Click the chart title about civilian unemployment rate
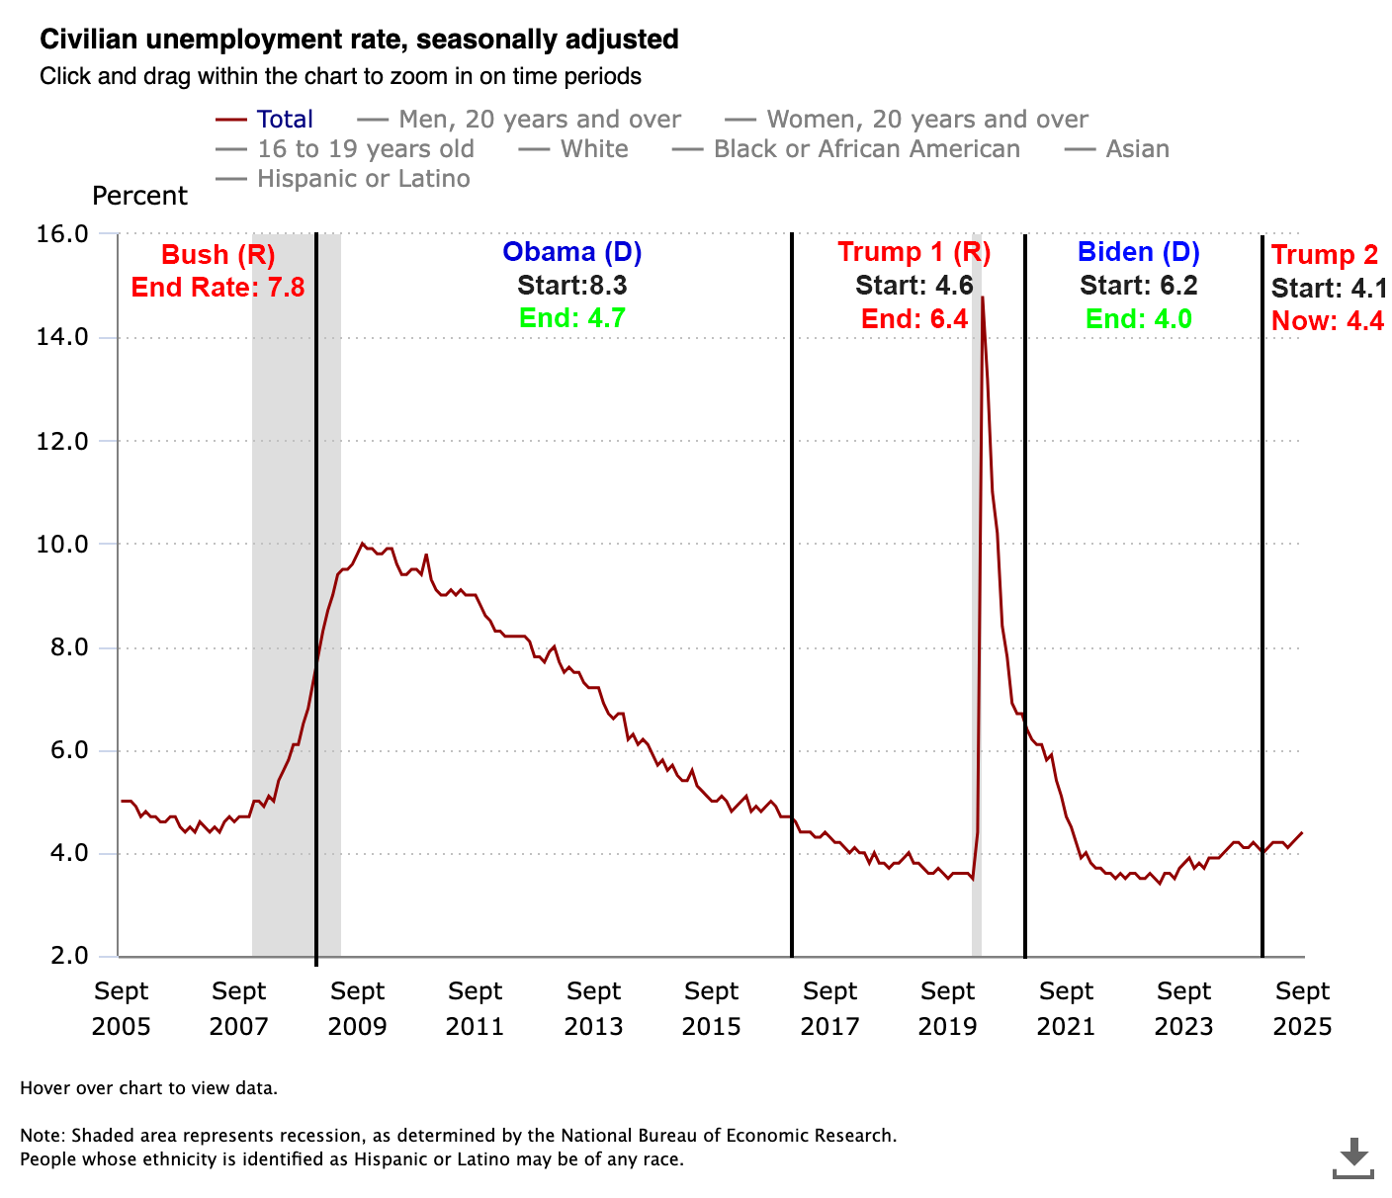(x=359, y=40)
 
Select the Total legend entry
(x=284, y=120)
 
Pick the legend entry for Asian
(x=1137, y=149)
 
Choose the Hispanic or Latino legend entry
(x=363, y=179)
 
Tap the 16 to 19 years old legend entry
(x=365, y=149)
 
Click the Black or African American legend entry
(x=866, y=149)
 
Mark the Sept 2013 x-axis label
(x=593, y=1008)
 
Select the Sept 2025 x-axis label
(x=1302, y=1008)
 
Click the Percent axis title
(x=139, y=196)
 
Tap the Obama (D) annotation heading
(x=571, y=252)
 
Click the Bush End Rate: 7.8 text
(x=217, y=288)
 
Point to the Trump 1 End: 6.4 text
(x=914, y=319)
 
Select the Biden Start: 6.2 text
(x=1138, y=286)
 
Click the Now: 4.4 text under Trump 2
(x=1327, y=321)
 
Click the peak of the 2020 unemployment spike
(x=982, y=298)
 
